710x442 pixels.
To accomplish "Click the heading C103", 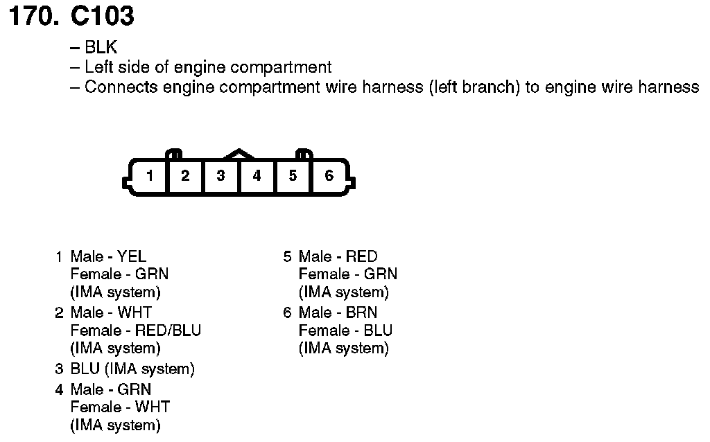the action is [x=103, y=17].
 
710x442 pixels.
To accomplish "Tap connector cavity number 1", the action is [x=149, y=176].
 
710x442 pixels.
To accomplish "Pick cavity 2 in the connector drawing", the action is [x=185, y=176].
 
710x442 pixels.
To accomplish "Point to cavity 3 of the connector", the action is [x=220, y=176].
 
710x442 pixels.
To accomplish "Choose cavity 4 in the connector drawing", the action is [x=257, y=176].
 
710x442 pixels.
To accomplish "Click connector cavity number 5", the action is [x=293, y=176].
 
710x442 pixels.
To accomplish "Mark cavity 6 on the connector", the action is [x=329, y=176].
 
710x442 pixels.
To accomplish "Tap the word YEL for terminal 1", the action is [x=132, y=257].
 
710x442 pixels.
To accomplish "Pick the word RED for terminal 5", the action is [x=361, y=257].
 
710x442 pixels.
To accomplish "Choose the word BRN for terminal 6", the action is [x=361, y=312].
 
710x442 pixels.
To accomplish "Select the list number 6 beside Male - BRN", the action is [x=287, y=312].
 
